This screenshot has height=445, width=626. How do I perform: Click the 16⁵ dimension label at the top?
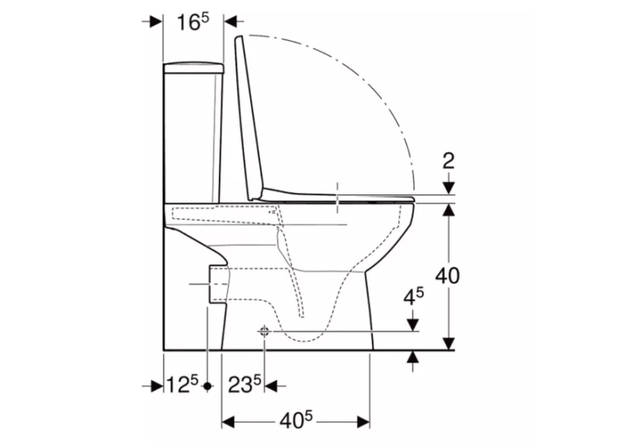(x=193, y=22)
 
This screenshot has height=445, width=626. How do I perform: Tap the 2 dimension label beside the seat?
(x=449, y=161)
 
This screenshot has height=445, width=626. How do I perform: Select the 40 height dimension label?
(x=447, y=275)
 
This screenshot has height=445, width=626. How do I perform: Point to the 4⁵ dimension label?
(x=414, y=296)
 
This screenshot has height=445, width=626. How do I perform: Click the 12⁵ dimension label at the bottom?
(x=182, y=385)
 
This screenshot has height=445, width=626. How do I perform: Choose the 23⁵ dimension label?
(x=244, y=385)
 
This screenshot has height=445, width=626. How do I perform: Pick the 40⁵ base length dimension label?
(x=296, y=421)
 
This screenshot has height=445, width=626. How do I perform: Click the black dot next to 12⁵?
(x=208, y=386)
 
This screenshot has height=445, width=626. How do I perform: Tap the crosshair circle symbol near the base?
(x=264, y=331)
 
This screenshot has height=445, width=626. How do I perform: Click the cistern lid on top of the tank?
(x=194, y=69)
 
